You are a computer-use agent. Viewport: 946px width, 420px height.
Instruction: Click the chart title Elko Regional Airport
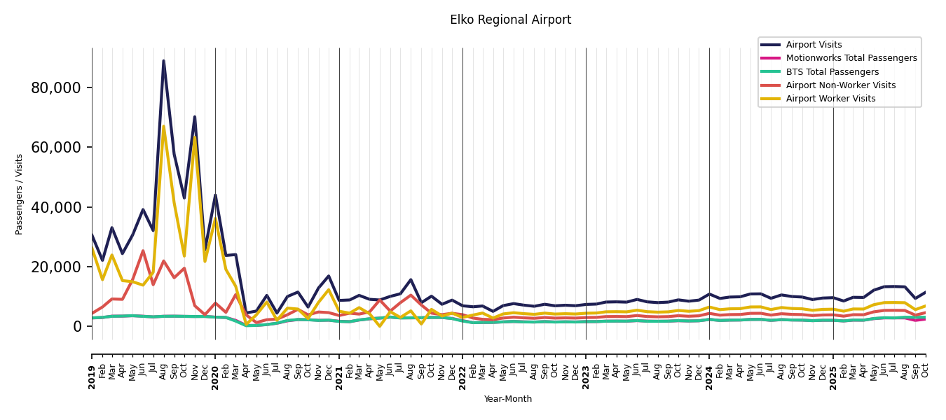[510, 20]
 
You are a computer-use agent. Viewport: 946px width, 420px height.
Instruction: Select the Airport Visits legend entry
[814, 45]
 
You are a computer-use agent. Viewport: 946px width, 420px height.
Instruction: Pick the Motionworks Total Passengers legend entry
[851, 58]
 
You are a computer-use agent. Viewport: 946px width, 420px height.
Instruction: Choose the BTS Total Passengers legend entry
[832, 72]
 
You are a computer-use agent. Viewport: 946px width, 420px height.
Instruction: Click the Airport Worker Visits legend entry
[830, 99]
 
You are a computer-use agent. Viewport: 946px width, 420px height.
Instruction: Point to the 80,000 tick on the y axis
[56, 88]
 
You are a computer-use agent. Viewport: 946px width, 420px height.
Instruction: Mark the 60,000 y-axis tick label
[56, 148]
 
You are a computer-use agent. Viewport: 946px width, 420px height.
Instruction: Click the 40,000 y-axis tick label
[56, 207]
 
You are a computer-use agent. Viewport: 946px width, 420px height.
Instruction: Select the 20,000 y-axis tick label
[56, 267]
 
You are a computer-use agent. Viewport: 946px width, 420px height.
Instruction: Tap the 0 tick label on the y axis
[77, 327]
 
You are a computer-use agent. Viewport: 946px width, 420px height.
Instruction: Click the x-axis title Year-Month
[508, 399]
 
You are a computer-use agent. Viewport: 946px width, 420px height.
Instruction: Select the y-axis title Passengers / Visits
[20, 194]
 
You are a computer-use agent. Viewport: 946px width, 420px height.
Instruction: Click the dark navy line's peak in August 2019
[164, 61]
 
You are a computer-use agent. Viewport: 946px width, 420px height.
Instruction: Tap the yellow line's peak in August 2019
[164, 127]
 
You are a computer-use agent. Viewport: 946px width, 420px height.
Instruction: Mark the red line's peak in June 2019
[143, 251]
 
